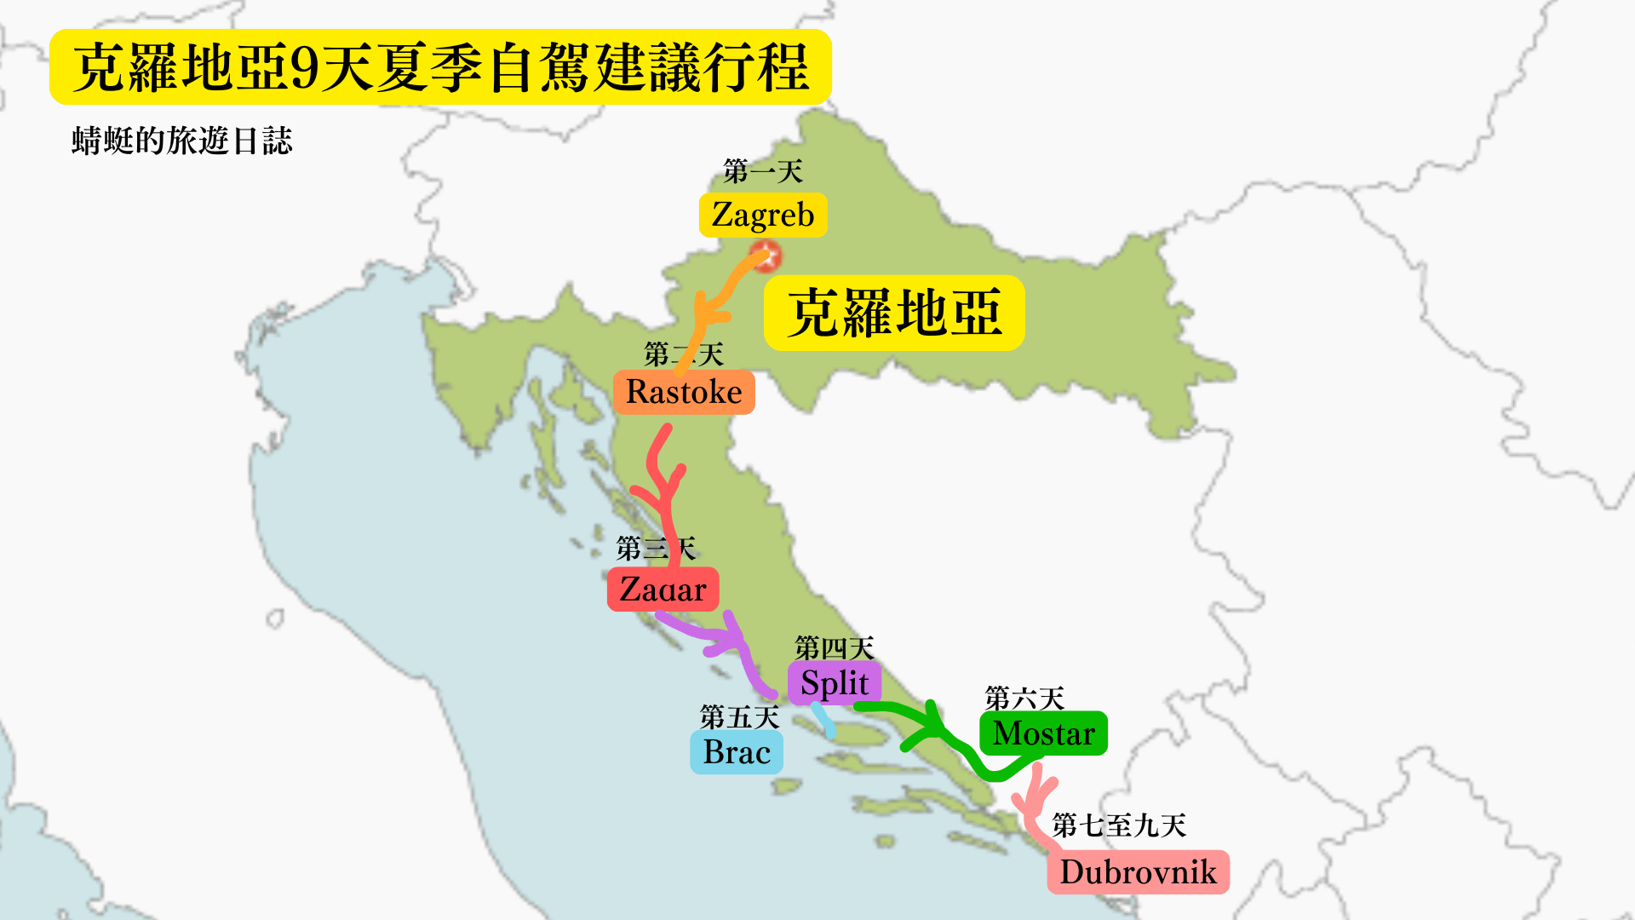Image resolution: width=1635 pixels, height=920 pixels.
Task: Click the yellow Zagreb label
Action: (x=763, y=216)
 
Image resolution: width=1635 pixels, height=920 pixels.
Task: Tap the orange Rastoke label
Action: (x=684, y=393)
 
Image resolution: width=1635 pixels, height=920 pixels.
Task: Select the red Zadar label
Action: (x=663, y=589)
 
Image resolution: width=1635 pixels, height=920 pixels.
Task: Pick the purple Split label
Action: (x=834, y=683)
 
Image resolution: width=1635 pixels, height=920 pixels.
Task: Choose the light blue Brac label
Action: (x=737, y=753)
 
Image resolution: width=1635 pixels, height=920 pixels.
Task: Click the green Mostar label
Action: (x=1043, y=733)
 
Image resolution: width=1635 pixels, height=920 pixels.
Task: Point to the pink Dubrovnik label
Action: (x=1138, y=872)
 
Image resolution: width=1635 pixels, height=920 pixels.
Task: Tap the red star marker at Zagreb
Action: (x=766, y=255)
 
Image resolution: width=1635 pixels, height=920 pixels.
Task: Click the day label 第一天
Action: (x=763, y=172)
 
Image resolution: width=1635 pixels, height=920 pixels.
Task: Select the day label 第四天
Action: (x=835, y=648)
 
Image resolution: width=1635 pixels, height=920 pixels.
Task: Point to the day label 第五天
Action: (x=739, y=717)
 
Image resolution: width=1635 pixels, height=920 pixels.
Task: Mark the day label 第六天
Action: (x=1024, y=699)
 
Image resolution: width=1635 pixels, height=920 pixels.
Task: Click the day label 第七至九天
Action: (x=1119, y=825)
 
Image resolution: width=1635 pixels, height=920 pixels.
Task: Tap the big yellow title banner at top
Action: (x=440, y=67)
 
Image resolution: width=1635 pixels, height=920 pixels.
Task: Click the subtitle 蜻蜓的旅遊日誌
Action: (x=182, y=141)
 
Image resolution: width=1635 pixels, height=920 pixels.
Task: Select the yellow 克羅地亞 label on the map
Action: (x=894, y=313)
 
